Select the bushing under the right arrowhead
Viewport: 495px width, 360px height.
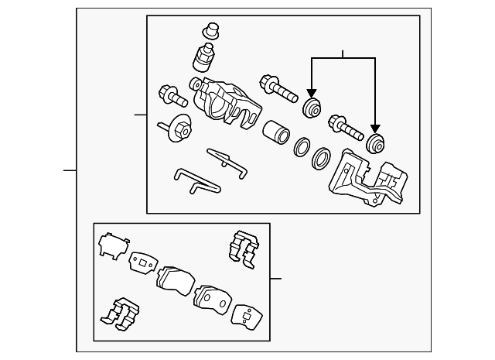[x=376, y=142]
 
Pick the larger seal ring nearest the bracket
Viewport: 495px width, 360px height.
[x=320, y=159]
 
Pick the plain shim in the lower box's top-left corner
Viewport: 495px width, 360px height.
[x=111, y=246]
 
